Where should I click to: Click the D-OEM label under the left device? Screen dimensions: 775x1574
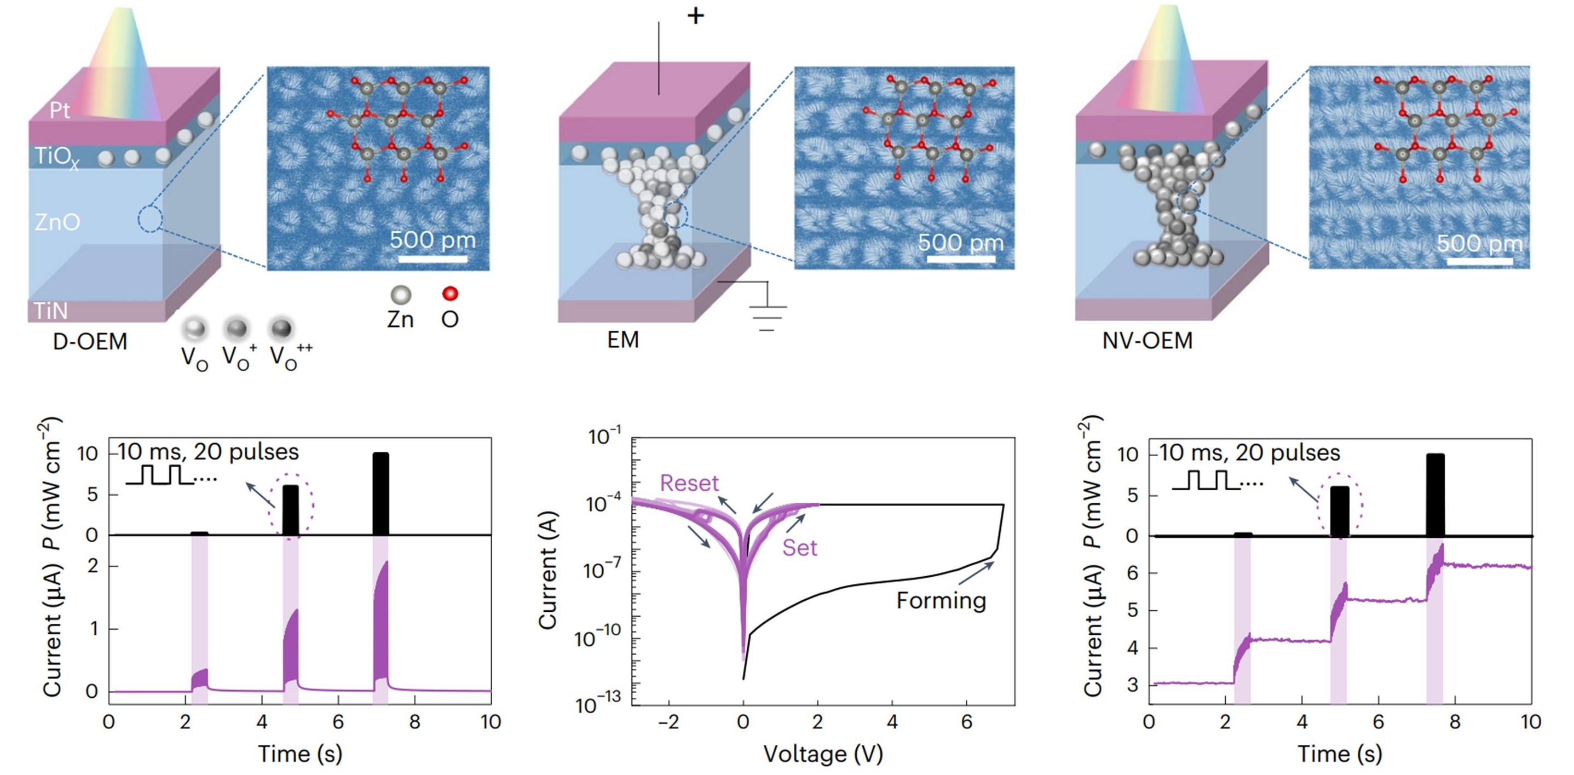(90, 341)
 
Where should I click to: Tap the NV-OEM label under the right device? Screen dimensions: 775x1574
(1147, 341)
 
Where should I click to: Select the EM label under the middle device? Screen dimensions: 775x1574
(622, 339)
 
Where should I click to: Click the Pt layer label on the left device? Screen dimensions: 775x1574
(59, 111)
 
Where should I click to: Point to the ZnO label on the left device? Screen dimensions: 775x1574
(57, 222)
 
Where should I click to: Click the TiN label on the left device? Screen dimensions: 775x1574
(50, 311)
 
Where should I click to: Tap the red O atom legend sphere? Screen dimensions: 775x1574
(449, 294)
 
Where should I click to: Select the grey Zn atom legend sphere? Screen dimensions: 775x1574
(401, 295)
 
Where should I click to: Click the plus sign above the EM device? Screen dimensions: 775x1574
(695, 16)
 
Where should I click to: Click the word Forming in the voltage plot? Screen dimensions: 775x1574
(941, 601)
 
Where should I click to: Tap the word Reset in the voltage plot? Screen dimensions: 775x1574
(689, 484)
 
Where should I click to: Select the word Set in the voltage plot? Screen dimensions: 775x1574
(799, 548)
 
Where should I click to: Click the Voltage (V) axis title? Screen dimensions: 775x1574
(823, 754)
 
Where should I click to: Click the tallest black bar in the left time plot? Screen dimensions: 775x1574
(380, 494)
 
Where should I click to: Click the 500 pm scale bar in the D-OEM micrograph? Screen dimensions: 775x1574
(433, 259)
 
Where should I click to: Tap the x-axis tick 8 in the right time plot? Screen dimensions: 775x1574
(1455, 722)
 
